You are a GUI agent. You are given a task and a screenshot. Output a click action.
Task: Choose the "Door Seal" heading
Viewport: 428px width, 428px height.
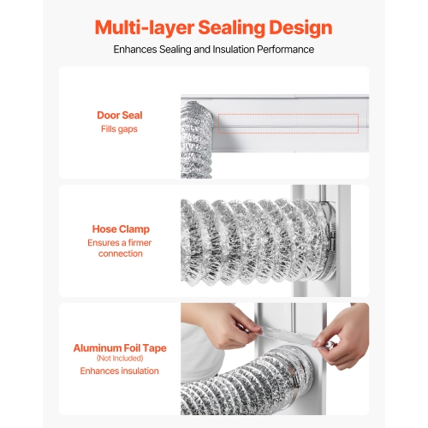(120, 115)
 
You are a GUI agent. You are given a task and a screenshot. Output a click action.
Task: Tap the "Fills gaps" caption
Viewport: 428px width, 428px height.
(120, 129)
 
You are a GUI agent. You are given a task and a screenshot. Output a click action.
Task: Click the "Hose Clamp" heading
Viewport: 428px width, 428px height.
(120, 229)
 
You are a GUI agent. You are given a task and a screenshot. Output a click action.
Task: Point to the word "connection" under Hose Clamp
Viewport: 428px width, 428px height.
(120, 253)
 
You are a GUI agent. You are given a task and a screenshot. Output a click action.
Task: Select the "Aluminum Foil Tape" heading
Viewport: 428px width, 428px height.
(120, 348)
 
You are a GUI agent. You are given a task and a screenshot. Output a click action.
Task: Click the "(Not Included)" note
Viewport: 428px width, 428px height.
(120, 359)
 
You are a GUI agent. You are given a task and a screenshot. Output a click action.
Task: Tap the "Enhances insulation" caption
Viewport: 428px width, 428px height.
(120, 371)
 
